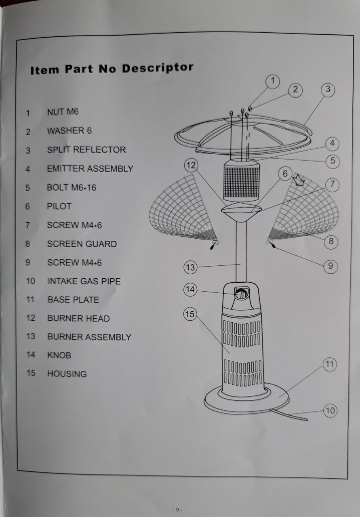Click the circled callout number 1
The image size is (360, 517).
point(272,81)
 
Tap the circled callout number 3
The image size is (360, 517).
point(328,90)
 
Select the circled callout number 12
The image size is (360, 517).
point(191,166)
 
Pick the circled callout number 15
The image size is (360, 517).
point(190,314)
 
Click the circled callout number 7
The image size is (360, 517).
point(332,185)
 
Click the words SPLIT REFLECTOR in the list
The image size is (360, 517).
point(86,150)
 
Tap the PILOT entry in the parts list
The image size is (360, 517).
point(59,206)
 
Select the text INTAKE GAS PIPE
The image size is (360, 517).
point(84,281)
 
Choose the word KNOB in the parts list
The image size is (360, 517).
point(59,355)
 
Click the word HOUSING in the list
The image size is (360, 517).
point(67,374)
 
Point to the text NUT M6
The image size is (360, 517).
point(63,112)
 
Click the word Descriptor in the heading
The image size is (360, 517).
point(158,68)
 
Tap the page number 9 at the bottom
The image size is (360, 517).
point(177,510)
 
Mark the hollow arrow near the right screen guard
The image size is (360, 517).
point(300,180)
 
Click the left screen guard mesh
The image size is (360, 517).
point(183,208)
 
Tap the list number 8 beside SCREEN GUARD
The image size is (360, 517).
point(28,244)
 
